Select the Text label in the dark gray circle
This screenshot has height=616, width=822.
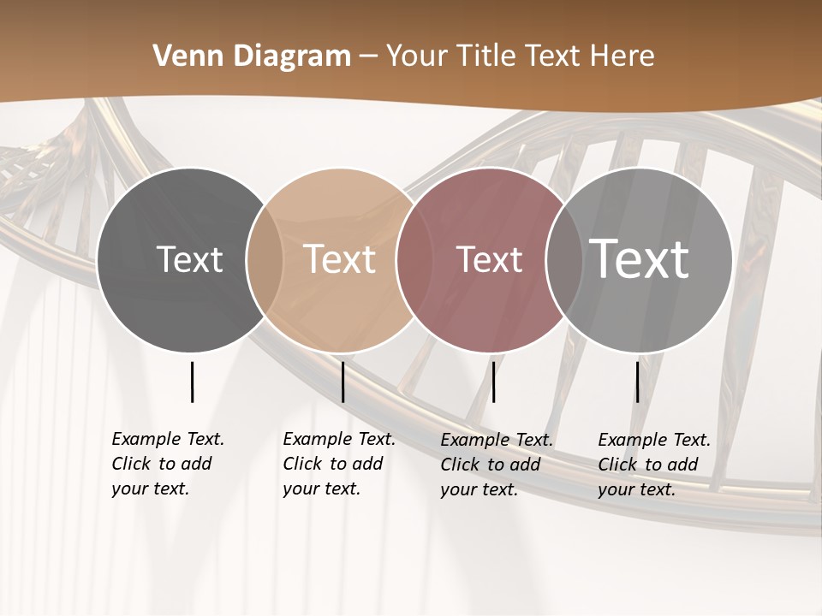(189, 259)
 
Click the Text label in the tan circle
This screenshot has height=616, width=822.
(340, 259)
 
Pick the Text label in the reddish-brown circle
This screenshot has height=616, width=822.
(489, 259)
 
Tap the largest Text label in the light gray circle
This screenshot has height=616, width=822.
(640, 258)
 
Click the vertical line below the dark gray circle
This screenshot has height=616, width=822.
(192, 382)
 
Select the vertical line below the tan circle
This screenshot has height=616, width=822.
(342, 382)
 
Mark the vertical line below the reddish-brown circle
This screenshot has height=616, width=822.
(493, 382)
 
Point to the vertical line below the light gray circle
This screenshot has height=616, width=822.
(637, 382)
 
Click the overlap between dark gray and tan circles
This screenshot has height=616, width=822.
(265, 260)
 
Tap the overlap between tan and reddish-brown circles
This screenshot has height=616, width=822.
(414, 260)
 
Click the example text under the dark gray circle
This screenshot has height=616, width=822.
(168, 464)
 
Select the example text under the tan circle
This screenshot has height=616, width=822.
(339, 464)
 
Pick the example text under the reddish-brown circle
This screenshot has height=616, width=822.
(497, 465)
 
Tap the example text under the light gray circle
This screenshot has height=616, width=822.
(654, 465)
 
